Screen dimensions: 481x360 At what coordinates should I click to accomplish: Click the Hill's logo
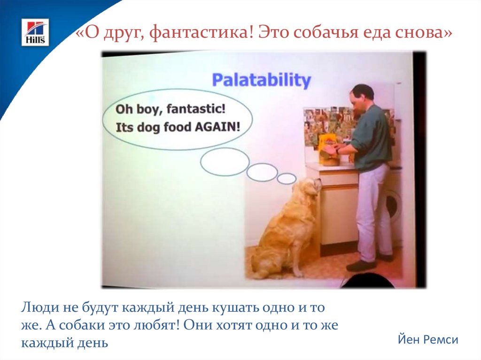(x=35, y=32)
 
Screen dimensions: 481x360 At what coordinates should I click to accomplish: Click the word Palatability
(x=261, y=80)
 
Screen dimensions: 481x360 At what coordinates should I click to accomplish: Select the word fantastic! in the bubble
(x=196, y=108)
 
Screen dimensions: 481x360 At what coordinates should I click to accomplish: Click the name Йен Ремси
(x=428, y=339)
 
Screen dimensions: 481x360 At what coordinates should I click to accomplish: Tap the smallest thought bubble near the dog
(x=287, y=178)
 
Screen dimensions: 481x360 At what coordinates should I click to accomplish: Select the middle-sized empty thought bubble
(x=262, y=172)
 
